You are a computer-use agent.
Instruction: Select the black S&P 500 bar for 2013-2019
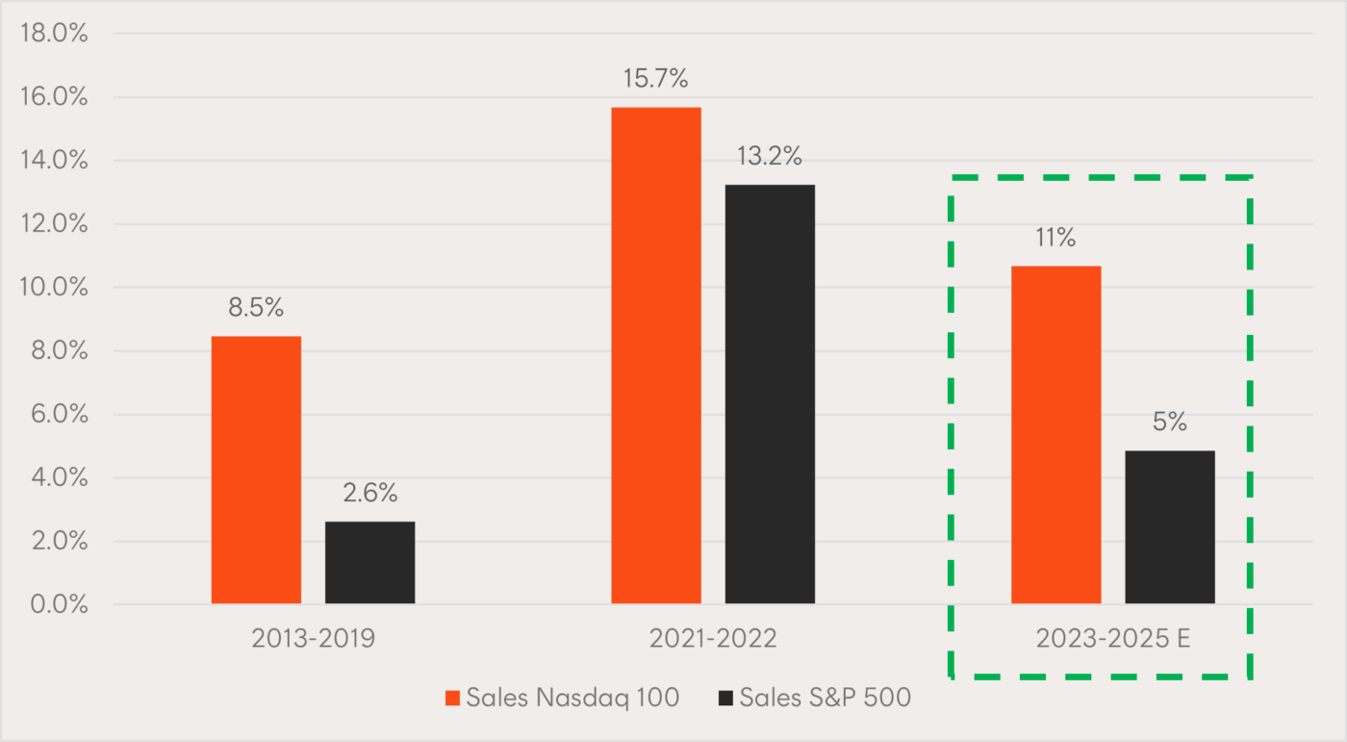(369, 563)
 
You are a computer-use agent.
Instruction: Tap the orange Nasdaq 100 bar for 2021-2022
(656, 355)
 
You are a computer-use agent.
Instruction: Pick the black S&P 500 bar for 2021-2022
(770, 395)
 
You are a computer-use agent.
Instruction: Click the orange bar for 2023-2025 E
(1055, 435)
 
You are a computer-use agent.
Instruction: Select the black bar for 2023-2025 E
(1169, 527)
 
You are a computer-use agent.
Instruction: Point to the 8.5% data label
(256, 309)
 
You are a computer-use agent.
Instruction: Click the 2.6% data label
(370, 494)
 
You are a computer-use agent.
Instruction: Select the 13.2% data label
(771, 157)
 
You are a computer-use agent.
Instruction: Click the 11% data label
(1055, 239)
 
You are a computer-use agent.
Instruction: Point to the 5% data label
(1170, 422)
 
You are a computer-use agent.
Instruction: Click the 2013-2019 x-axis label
(313, 639)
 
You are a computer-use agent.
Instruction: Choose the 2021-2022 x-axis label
(713, 639)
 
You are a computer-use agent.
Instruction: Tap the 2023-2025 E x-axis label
(1113, 639)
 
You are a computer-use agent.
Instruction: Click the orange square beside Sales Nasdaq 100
(453, 699)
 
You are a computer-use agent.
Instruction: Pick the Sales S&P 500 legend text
(825, 699)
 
